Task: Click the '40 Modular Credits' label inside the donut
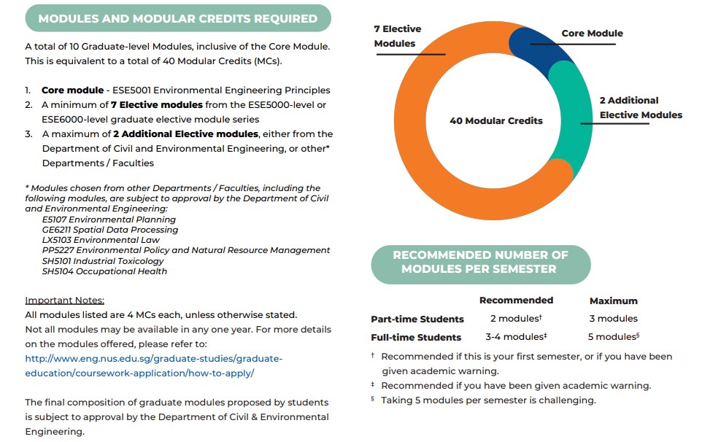pos(495,120)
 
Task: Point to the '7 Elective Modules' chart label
pos(397,36)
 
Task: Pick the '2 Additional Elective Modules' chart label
pos(641,107)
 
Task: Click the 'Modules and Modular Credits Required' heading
pos(177,18)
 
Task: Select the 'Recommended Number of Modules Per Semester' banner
pos(480,263)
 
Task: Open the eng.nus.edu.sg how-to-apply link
pos(153,365)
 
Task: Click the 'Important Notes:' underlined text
pos(65,300)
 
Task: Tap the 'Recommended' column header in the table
pos(516,300)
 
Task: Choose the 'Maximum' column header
pos(613,301)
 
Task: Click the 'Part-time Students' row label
pos(417,319)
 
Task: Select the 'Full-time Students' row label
pos(416,337)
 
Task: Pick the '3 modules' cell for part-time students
pos(613,319)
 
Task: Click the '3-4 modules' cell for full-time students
pos(514,337)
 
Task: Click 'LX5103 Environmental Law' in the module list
pos(101,240)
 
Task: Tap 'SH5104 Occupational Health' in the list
pos(104,271)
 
